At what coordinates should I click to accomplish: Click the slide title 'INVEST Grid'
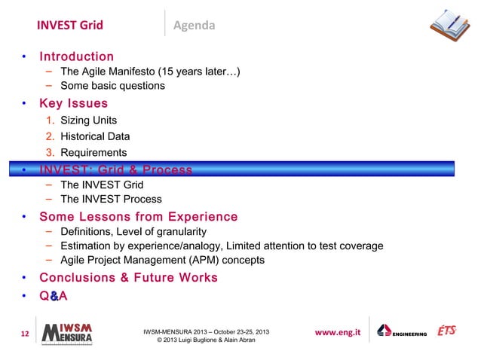pyautogui.click(x=69, y=26)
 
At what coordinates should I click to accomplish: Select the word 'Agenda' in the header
pyautogui.click(x=195, y=26)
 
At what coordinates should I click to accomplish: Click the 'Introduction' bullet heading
pyautogui.click(x=76, y=56)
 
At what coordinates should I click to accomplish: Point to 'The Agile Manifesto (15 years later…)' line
pyautogui.click(x=150, y=72)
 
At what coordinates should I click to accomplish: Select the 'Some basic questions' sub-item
pyautogui.click(x=112, y=86)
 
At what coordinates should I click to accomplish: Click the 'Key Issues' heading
pyautogui.click(x=73, y=103)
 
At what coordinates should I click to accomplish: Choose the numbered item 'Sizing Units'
pyautogui.click(x=88, y=121)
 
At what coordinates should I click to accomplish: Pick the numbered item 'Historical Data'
pyautogui.click(x=95, y=136)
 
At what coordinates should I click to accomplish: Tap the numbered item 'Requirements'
pyautogui.click(x=93, y=153)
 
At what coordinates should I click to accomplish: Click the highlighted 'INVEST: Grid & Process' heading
pyautogui.click(x=115, y=169)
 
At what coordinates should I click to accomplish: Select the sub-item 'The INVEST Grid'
pyautogui.click(x=101, y=185)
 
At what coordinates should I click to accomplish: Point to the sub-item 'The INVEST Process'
pyautogui.click(x=111, y=200)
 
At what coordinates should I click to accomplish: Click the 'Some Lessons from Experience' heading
pyautogui.click(x=138, y=217)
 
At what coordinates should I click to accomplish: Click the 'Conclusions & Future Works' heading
pyautogui.click(x=128, y=278)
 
